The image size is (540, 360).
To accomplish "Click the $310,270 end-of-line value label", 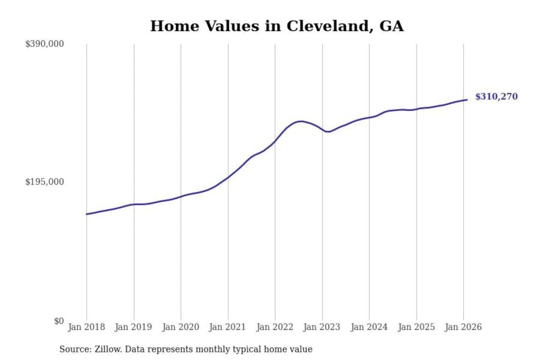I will coord(496,96).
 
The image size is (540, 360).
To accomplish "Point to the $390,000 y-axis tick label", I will coord(44,44).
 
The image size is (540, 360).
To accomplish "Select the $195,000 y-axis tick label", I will coord(44,182).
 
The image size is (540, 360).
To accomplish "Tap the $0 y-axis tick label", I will coord(58,321).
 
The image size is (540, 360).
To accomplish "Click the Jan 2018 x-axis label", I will coord(86,327).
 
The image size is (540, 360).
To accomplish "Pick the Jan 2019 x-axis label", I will coord(133,327).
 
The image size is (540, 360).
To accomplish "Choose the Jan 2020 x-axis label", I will coord(180,327).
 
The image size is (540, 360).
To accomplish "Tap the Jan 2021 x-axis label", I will coord(227,327).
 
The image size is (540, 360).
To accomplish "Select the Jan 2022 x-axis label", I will coord(274,327).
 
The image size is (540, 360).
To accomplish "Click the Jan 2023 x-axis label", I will coord(321,327).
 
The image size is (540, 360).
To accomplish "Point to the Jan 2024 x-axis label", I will coord(369,327).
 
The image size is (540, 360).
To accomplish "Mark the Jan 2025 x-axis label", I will coord(416,327).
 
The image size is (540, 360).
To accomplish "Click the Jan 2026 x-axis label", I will coord(463,327).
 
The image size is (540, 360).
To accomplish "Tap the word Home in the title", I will coord(174,26).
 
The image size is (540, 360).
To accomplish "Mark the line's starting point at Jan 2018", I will coord(87,214).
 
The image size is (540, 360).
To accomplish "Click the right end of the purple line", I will coord(467,100).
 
